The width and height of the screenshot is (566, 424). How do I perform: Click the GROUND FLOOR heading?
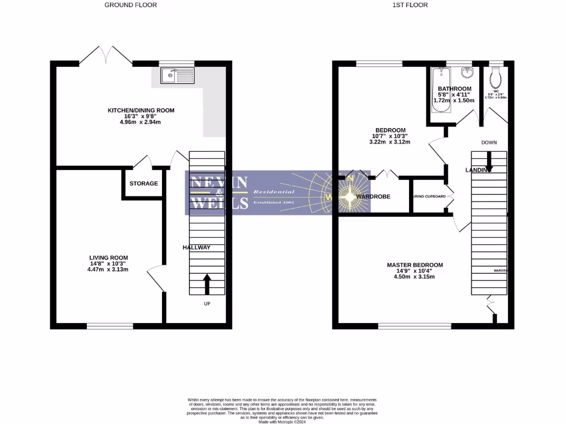[x=130, y=5]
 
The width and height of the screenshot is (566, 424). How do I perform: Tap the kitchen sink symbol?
[x=177, y=75]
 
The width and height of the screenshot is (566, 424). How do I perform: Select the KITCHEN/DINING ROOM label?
[x=141, y=110]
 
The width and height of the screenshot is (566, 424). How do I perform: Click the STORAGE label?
[x=144, y=183]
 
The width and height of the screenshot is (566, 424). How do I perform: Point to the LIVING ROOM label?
[x=109, y=257]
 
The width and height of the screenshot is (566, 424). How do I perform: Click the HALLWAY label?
[x=196, y=248]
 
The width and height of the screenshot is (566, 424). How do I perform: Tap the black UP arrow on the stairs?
[x=207, y=284]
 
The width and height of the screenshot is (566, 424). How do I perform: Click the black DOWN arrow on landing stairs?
[x=489, y=161]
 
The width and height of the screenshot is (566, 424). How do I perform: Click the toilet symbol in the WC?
[x=495, y=76]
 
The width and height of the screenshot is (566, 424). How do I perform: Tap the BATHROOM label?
[x=454, y=89]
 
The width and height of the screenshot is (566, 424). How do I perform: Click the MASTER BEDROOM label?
[x=415, y=265]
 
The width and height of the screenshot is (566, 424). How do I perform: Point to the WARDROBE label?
[x=373, y=197]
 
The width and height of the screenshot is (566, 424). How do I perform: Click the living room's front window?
[x=109, y=326]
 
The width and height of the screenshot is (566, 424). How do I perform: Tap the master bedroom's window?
[x=414, y=326]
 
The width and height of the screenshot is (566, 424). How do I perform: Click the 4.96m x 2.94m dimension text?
[x=140, y=123]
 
